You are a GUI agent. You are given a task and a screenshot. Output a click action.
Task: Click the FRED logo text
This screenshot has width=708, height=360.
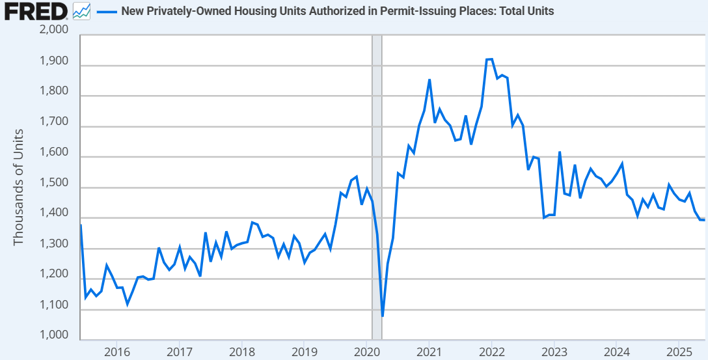[x=35, y=11]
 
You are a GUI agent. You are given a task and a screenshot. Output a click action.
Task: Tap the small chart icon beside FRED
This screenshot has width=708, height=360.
[x=81, y=11]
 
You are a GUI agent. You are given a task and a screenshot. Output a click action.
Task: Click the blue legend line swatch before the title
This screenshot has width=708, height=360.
[x=106, y=12]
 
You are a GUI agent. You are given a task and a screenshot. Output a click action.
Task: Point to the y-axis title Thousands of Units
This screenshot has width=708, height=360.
[x=18, y=187]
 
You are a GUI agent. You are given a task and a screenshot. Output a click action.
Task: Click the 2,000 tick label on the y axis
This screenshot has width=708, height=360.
[x=55, y=31]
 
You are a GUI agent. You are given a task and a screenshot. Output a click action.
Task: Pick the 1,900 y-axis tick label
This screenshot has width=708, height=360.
[x=55, y=61]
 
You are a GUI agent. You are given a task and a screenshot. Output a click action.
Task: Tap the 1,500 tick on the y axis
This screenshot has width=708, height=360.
[x=55, y=184]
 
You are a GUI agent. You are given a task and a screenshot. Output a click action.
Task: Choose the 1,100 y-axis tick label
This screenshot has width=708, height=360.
[x=55, y=305]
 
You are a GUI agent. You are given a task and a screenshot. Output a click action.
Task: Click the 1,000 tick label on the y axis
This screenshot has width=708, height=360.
[x=55, y=336]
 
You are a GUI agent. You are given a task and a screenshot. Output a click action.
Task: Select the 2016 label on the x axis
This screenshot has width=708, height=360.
[x=116, y=352]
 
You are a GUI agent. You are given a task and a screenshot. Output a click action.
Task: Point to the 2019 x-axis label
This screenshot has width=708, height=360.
[x=304, y=352]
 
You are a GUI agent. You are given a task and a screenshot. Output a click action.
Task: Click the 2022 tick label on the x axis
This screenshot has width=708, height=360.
[x=491, y=352]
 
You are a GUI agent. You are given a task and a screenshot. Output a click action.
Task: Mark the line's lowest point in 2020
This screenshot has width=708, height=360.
[x=383, y=316]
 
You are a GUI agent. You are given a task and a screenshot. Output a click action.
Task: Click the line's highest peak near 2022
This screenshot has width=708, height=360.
[x=489, y=59]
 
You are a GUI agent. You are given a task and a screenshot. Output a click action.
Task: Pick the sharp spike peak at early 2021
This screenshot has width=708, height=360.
[x=429, y=80]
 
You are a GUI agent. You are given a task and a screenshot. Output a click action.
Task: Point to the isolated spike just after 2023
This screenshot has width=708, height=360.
[x=560, y=152]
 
